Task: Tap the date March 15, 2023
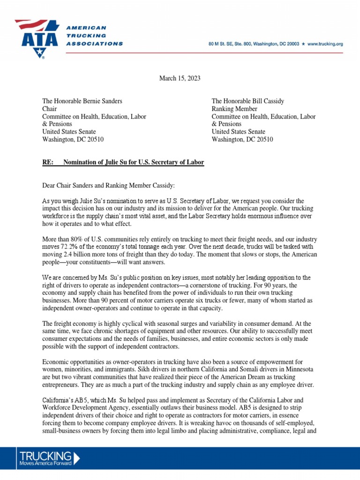click(180, 78)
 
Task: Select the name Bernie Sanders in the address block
click(102, 101)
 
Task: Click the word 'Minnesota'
click(297, 369)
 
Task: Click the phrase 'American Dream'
click(253, 377)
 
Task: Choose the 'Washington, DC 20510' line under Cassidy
click(242, 139)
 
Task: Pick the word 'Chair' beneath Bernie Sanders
click(50, 109)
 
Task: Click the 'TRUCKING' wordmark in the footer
click(45, 456)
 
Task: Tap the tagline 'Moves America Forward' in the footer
click(45, 464)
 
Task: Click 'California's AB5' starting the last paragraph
click(64, 400)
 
